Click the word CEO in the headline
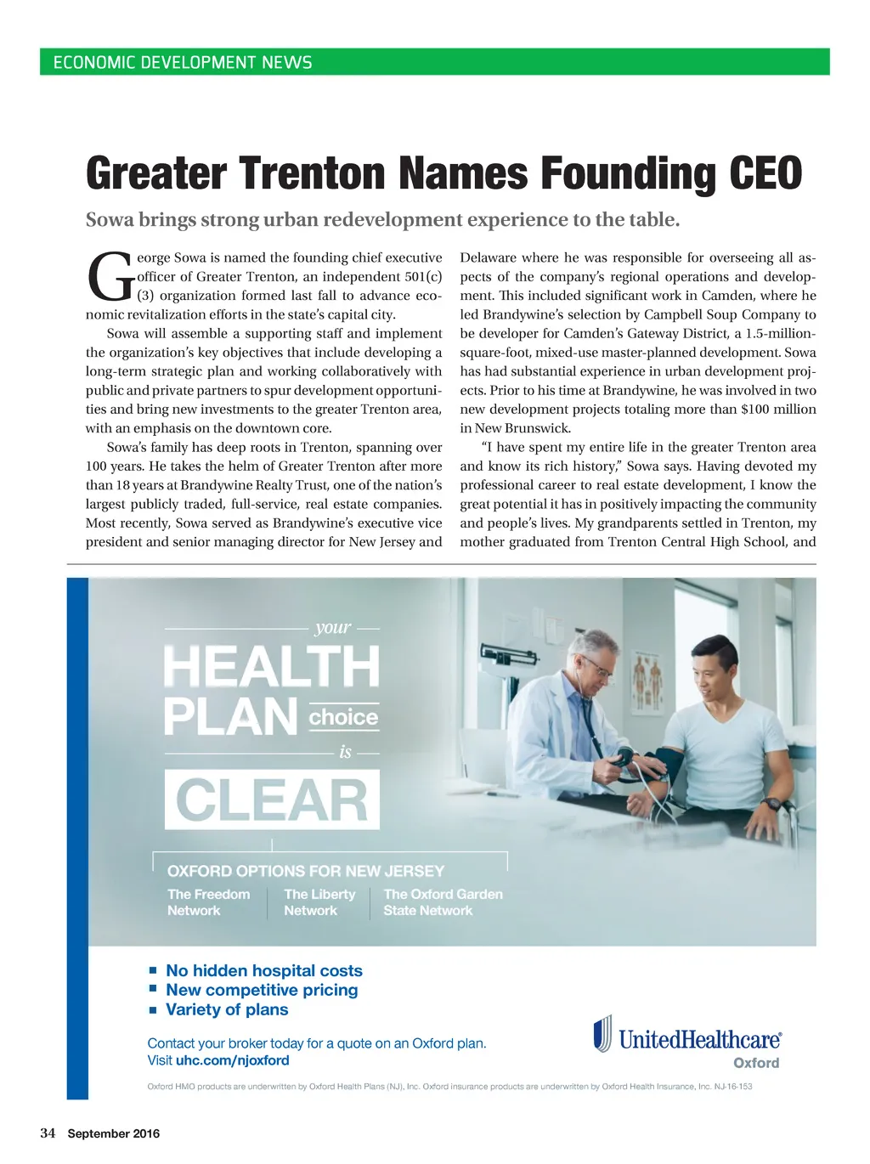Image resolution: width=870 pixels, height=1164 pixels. click(765, 173)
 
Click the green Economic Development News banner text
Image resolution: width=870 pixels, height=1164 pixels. click(183, 62)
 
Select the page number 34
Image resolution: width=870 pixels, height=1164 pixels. click(48, 1133)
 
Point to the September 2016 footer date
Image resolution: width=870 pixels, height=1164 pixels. click(114, 1133)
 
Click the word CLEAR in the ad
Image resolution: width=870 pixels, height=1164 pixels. click(272, 800)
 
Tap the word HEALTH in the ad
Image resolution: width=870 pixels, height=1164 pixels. click(272, 666)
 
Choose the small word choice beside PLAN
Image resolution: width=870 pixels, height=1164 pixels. click(343, 717)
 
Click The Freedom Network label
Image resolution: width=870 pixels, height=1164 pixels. click(208, 902)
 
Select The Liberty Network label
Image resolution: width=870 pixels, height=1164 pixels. click(319, 902)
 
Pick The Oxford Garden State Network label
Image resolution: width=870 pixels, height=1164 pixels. click(443, 902)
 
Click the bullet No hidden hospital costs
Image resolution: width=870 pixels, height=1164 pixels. click(264, 970)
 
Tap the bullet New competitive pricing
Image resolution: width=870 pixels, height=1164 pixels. click(262, 990)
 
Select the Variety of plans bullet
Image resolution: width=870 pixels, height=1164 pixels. click(227, 1009)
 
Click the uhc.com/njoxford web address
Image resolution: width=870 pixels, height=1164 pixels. click(233, 1060)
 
